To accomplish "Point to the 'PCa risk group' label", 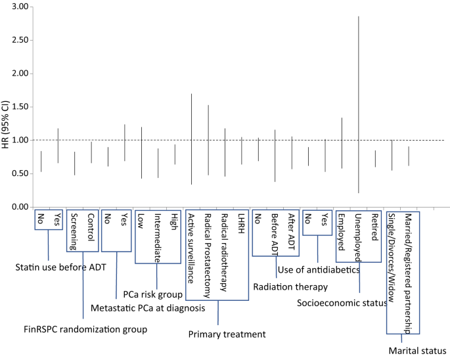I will (152, 293).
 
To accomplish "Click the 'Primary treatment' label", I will (227, 334).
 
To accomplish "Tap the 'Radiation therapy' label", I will (290, 286).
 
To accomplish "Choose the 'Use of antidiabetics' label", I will (319, 269).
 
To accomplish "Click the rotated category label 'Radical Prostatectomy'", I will (208, 252).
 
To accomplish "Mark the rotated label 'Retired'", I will (375, 227).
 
